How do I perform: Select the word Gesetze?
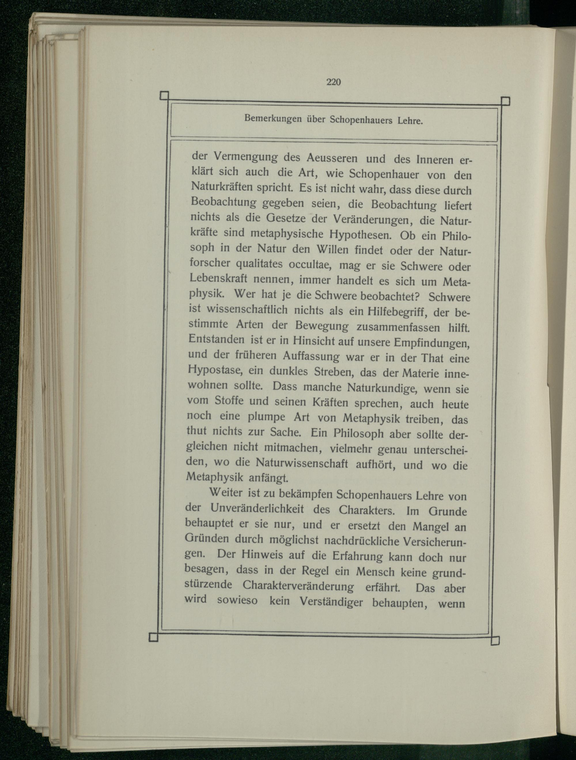point(285,219)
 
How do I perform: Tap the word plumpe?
point(266,417)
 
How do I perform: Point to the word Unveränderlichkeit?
point(257,508)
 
